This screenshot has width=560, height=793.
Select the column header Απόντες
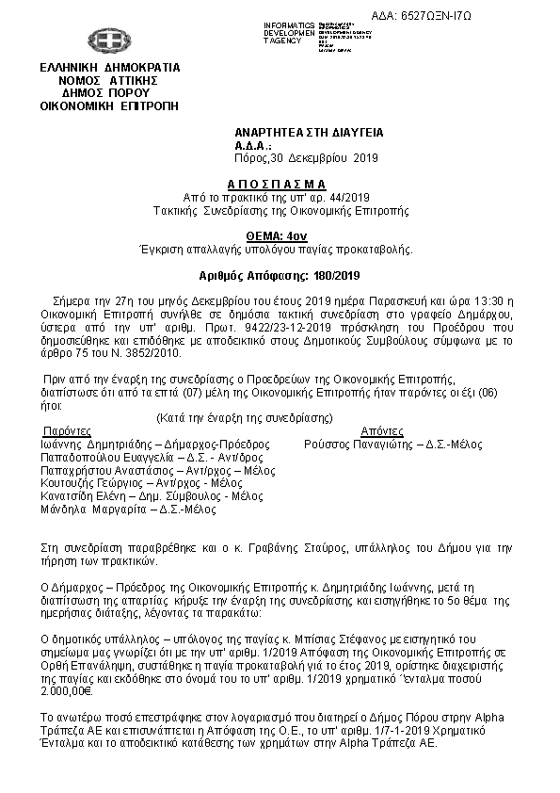pyautogui.click(x=357, y=430)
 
